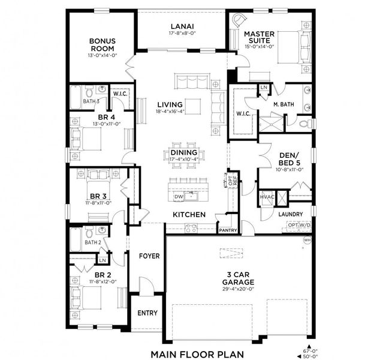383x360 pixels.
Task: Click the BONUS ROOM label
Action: coord(102,45)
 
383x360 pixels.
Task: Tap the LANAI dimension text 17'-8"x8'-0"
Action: coord(181,34)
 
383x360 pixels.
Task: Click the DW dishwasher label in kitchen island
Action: coord(177,196)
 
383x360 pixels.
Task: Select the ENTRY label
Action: coord(147,313)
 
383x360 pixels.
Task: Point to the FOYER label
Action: coord(149,256)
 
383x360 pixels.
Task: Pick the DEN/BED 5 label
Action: coord(289,158)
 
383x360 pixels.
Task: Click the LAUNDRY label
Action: coord(289,214)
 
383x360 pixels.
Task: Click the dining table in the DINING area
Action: coord(183,154)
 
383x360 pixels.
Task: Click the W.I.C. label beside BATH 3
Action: coord(120,93)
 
